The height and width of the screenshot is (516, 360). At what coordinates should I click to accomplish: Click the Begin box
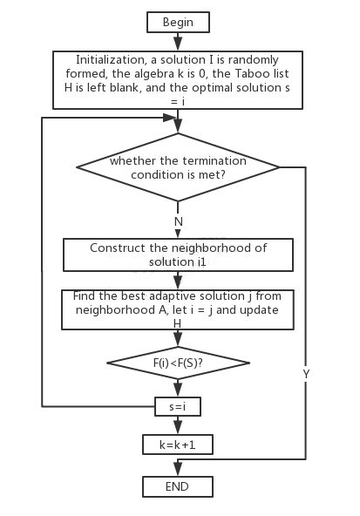(x=178, y=22)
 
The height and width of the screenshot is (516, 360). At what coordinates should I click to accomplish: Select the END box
(x=178, y=486)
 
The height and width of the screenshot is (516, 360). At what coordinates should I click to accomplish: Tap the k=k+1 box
(x=178, y=445)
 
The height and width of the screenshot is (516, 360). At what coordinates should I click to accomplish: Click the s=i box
(x=178, y=406)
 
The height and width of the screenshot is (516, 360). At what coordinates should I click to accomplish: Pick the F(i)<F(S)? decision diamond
(x=178, y=362)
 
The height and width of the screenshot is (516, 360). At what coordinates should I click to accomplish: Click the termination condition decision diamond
(x=178, y=167)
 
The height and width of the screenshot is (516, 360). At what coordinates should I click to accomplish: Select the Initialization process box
(x=178, y=80)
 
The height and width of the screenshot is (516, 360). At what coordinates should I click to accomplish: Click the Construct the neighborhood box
(x=178, y=255)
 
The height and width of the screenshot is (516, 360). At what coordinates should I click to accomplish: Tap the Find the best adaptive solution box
(x=178, y=309)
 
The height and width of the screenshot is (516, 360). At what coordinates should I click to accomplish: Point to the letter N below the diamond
(x=179, y=221)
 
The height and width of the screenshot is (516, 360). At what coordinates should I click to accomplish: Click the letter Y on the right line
(x=306, y=374)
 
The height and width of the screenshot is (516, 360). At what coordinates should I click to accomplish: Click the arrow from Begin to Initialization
(x=178, y=41)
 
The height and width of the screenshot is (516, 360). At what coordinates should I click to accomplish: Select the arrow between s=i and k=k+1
(x=178, y=425)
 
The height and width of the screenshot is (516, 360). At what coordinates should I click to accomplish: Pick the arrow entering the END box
(x=178, y=469)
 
